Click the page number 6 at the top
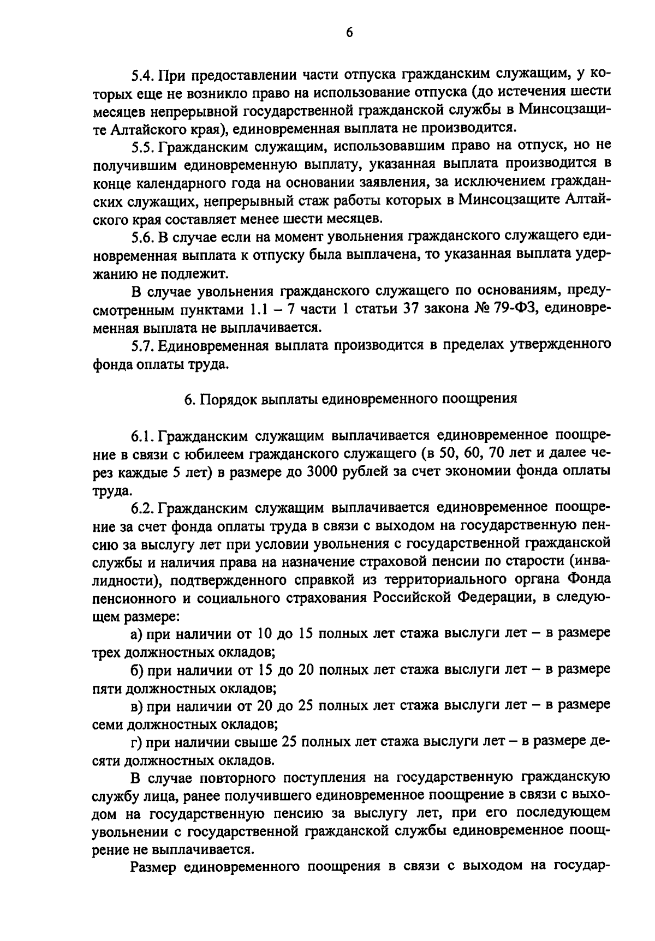(x=349, y=34)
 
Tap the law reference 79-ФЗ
(x=503, y=309)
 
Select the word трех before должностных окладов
(x=107, y=652)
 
